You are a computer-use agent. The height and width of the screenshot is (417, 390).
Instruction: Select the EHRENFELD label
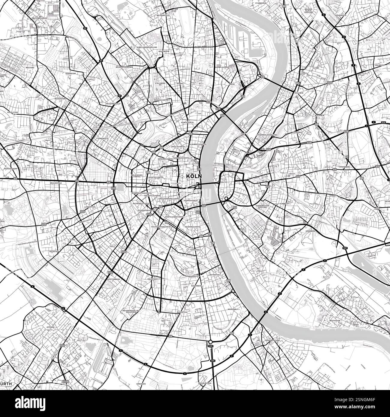click(x=102, y=139)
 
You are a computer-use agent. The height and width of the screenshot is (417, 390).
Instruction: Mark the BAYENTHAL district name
click(x=215, y=266)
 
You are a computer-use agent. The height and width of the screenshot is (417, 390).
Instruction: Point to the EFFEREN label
click(x=50, y=327)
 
